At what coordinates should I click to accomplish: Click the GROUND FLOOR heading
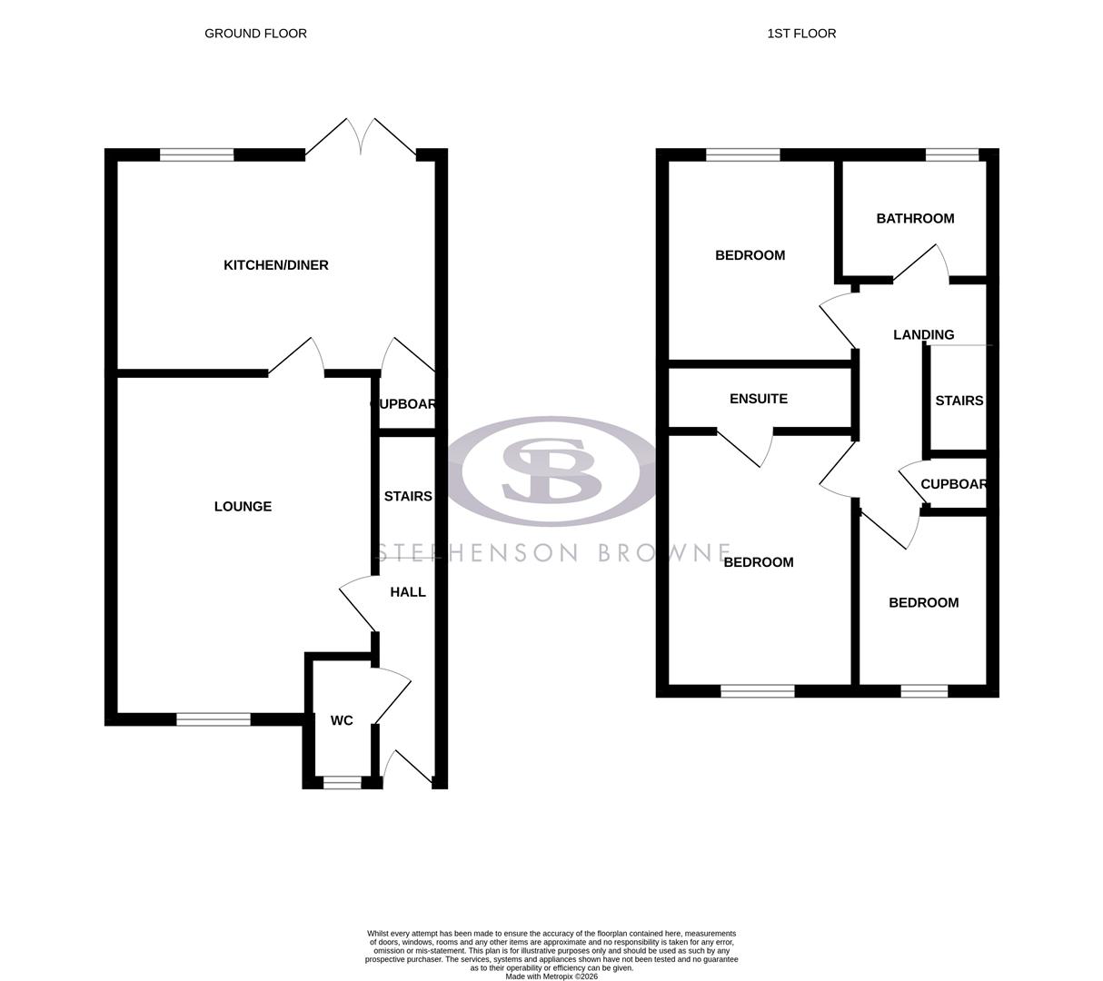click(x=255, y=34)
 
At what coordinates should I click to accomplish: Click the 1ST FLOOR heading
click(x=801, y=34)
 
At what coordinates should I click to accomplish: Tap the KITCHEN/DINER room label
click(x=276, y=265)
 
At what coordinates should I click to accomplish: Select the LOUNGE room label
click(x=243, y=507)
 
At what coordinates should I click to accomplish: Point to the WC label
click(x=342, y=721)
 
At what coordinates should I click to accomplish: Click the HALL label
click(x=408, y=592)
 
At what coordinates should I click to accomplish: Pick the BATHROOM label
click(x=915, y=219)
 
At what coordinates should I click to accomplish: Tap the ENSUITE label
click(x=759, y=399)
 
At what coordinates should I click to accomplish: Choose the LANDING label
click(x=923, y=335)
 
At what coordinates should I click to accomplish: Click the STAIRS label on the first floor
click(x=959, y=401)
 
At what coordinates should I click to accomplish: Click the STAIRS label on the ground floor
click(x=408, y=497)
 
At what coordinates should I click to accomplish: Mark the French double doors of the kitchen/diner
click(x=361, y=139)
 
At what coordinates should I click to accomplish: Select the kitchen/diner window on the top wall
click(x=197, y=155)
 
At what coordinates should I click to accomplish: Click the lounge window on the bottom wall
click(x=214, y=719)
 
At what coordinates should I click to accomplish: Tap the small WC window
click(x=343, y=782)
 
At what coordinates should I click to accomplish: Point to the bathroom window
click(x=952, y=155)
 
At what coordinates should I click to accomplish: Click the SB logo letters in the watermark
click(x=551, y=471)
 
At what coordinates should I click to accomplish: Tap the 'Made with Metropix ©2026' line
click(x=551, y=976)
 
